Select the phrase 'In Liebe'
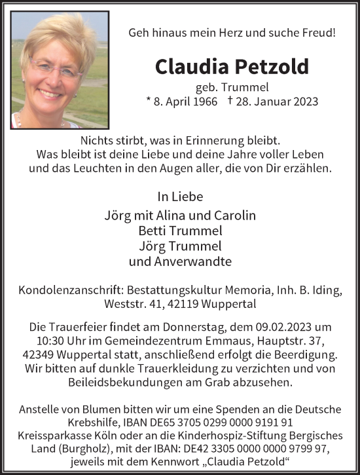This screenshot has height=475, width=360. coord(180,196)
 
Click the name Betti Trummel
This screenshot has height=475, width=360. coord(180,231)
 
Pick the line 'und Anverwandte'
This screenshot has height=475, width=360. coord(180,262)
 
